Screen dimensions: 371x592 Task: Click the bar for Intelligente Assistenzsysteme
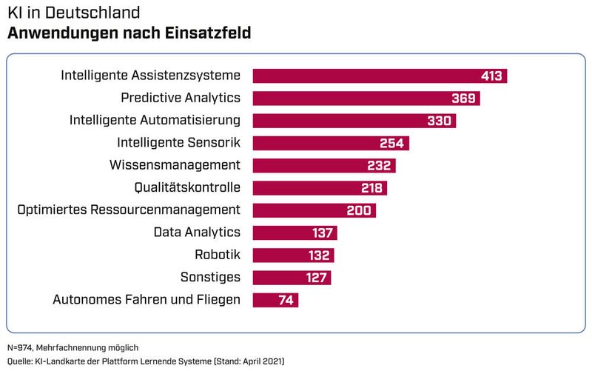click(x=370, y=76)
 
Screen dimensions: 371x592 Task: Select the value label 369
click(x=464, y=98)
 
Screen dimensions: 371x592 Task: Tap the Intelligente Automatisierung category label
click(x=155, y=120)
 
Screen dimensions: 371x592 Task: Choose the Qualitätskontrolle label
click(x=187, y=187)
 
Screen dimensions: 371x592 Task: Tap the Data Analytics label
click(x=197, y=233)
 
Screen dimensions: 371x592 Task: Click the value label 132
click(x=319, y=255)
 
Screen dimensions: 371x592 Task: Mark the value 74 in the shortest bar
click(x=286, y=300)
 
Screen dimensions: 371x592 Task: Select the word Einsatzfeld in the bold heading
click(x=209, y=33)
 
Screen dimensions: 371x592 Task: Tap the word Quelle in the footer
click(x=21, y=361)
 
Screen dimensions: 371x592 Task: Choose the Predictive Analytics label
click(x=181, y=98)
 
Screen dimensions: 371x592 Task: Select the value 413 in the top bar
click(x=490, y=76)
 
